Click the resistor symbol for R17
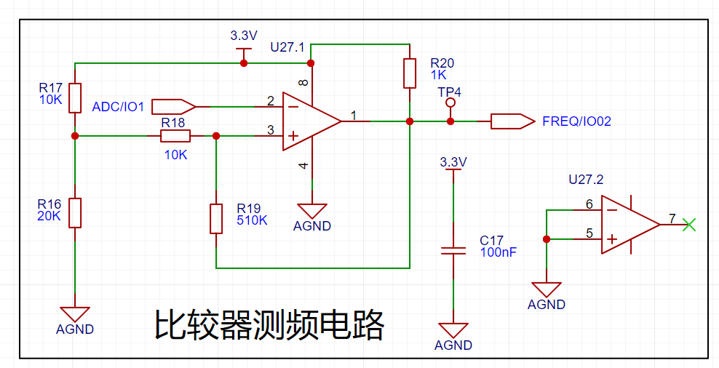(x=74, y=98)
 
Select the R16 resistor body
(x=74, y=212)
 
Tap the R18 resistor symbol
(x=175, y=135)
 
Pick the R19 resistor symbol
(x=216, y=219)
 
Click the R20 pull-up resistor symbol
(x=410, y=73)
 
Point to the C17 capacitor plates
(x=453, y=250)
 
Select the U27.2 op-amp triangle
(x=629, y=225)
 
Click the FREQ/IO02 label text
(x=576, y=121)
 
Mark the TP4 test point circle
(x=450, y=104)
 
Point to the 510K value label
(x=252, y=220)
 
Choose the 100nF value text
(x=498, y=252)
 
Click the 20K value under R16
(x=48, y=216)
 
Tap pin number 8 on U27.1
(x=303, y=84)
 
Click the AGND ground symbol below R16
(x=74, y=314)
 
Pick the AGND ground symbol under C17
(x=453, y=331)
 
